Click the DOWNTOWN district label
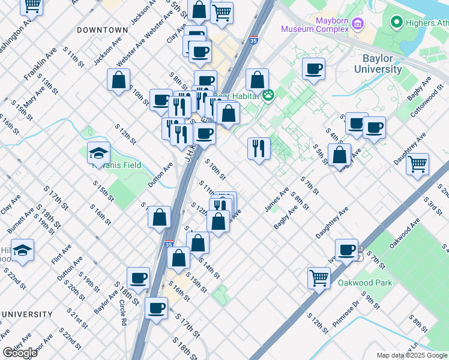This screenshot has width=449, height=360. (103, 29)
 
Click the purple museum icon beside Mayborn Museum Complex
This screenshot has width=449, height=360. (358, 24)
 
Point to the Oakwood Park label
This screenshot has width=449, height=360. (364, 283)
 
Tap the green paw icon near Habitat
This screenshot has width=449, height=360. (268, 95)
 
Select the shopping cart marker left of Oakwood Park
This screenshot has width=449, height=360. (319, 277)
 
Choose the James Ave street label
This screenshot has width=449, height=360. (277, 200)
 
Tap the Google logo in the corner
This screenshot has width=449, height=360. (20, 353)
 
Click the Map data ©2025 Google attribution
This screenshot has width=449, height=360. (411, 355)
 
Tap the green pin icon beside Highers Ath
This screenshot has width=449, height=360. (396, 23)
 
